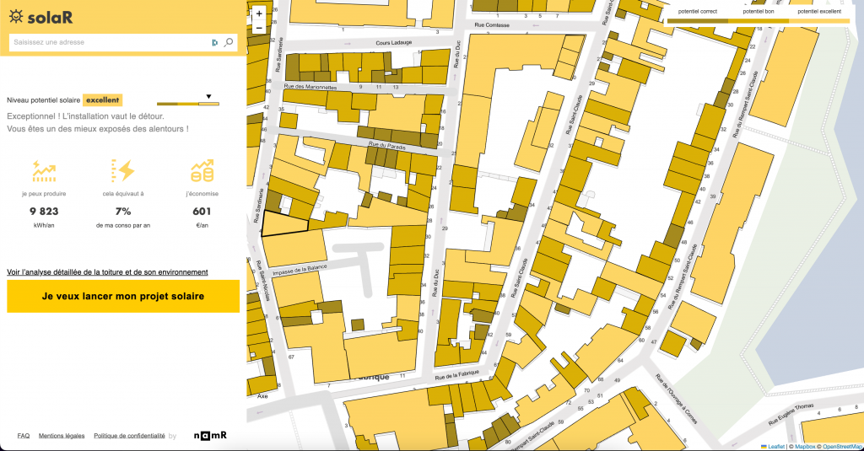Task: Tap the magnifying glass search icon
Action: (x=229, y=42)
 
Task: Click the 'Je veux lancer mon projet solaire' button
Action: (x=123, y=297)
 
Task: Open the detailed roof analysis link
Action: (x=107, y=272)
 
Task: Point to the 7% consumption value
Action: (x=123, y=212)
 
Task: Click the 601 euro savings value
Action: (x=202, y=212)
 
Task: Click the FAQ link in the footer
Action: (x=24, y=436)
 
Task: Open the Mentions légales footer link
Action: (x=62, y=436)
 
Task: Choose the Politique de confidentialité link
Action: (x=129, y=436)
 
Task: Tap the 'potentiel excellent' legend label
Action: (x=818, y=12)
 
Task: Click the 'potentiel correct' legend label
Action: (x=697, y=12)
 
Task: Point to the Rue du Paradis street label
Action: (x=386, y=146)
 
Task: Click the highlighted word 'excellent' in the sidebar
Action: (x=102, y=99)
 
